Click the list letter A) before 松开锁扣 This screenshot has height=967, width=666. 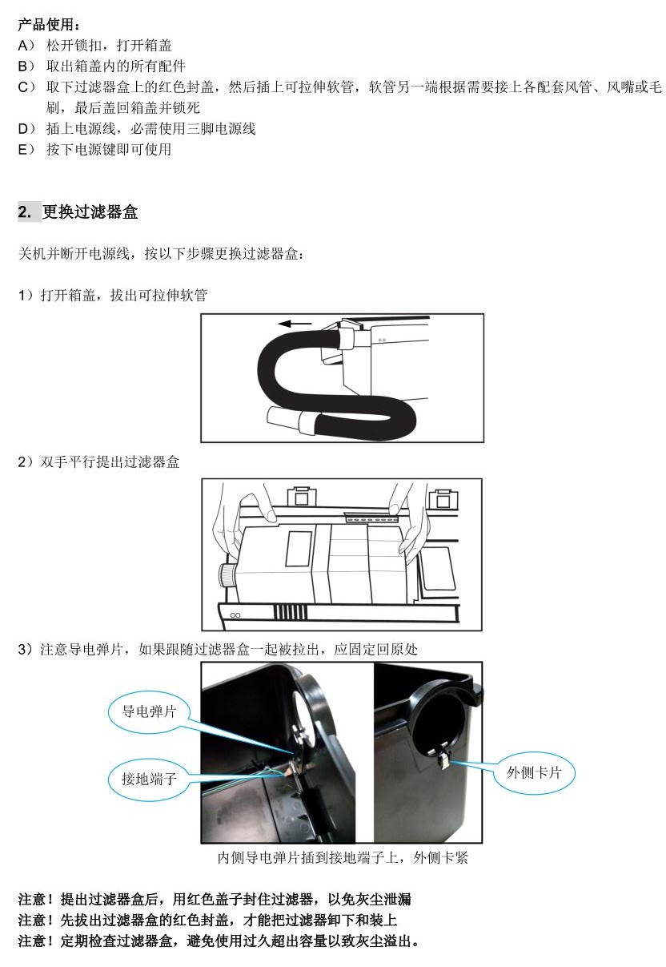point(26,46)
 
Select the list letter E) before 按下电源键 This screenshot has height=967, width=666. point(26,149)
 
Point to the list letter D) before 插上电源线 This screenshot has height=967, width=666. point(26,128)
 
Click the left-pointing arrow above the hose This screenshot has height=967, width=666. point(295,324)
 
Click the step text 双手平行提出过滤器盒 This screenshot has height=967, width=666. point(110,462)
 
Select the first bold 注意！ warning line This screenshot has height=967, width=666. point(215,900)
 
